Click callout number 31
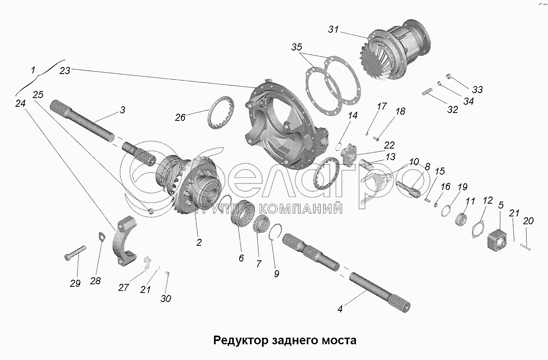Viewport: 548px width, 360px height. tap(334, 29)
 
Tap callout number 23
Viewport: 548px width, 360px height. tap(65, 71)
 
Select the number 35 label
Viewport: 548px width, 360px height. tap(296, 47)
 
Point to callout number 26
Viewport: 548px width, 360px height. tap(180, 118)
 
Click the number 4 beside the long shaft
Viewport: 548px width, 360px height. tap(340, 309)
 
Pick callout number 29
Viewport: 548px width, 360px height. tap(75, 283)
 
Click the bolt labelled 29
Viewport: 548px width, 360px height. tap(75, 253)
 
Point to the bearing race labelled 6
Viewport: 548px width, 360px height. tap(243, 214)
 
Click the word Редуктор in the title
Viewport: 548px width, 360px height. tap(241, 341)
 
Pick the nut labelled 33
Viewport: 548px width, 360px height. tap(448, 76)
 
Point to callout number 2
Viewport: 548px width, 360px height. tap(199, 242)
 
